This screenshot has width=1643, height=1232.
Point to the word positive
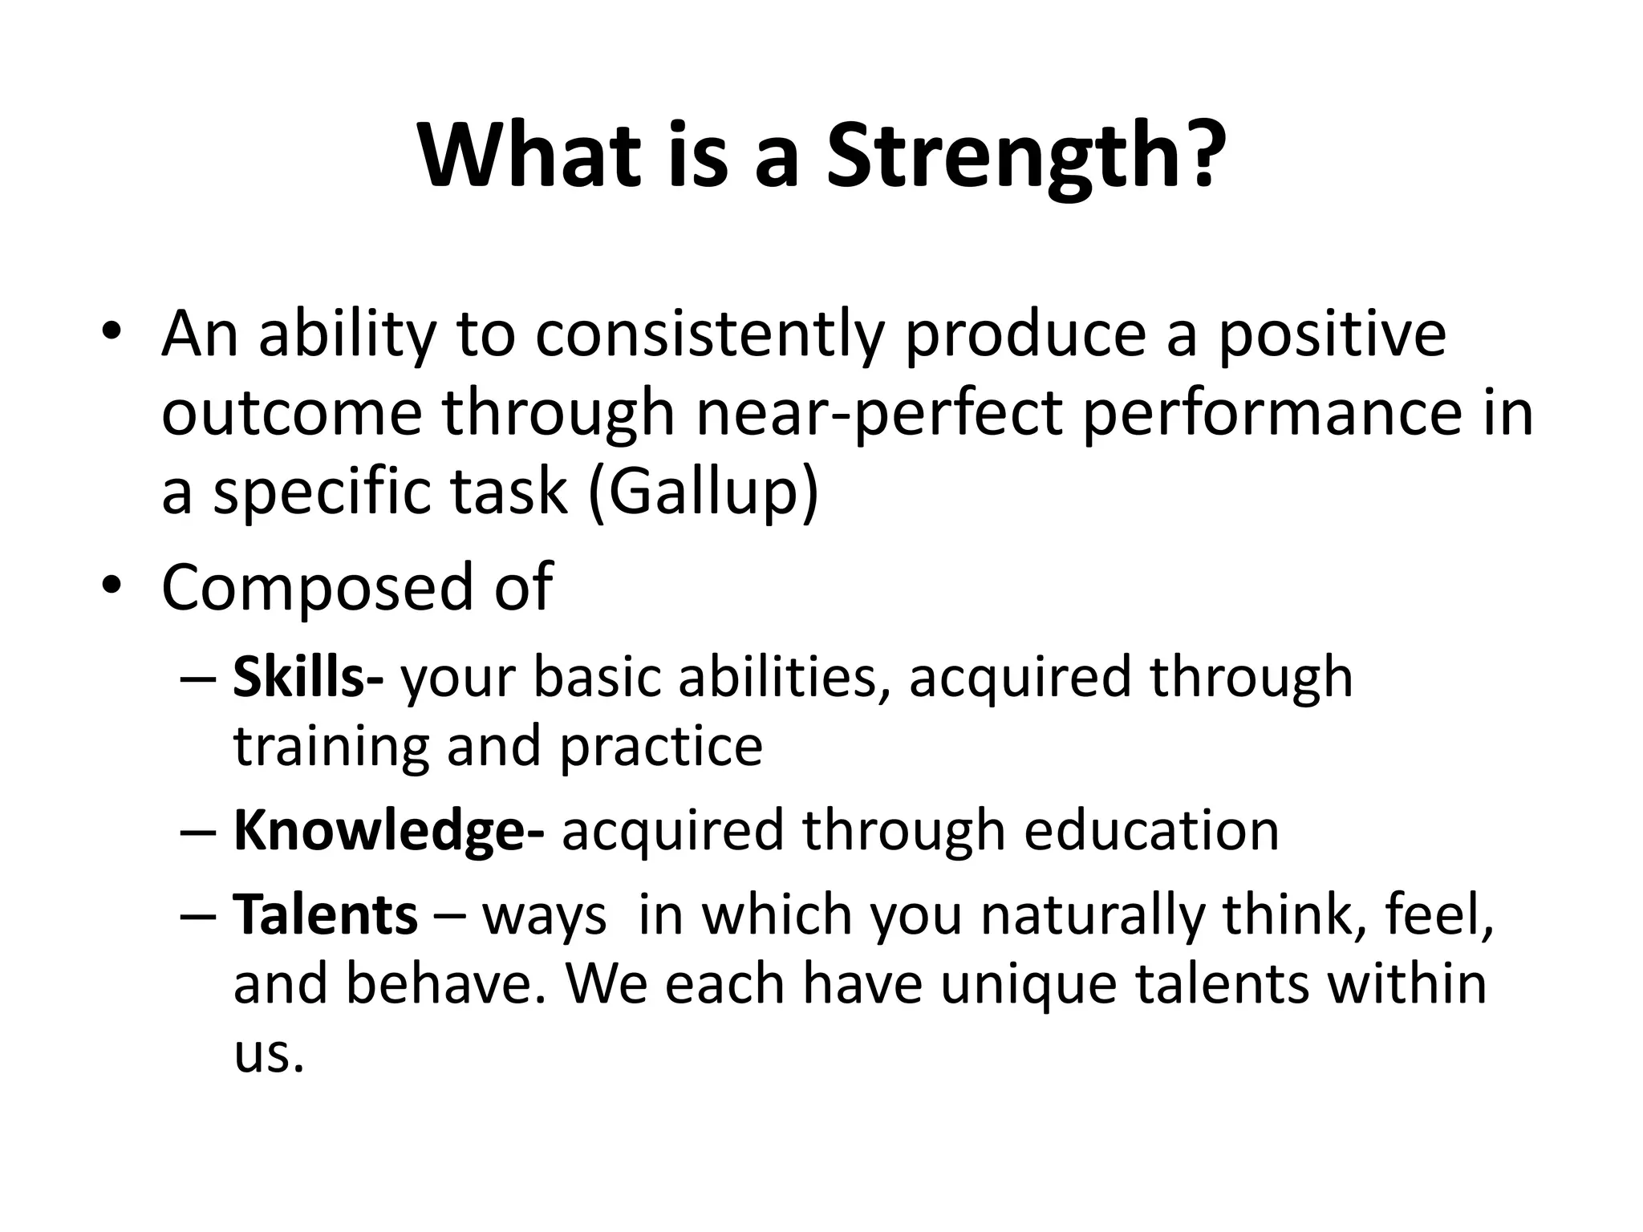1333,335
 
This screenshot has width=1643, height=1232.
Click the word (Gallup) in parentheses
704,492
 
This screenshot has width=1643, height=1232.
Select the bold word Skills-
308,677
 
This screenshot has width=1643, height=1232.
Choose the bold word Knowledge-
388,831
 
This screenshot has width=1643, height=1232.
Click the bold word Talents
325,914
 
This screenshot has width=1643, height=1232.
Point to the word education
1151,831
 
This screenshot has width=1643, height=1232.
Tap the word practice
660,748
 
